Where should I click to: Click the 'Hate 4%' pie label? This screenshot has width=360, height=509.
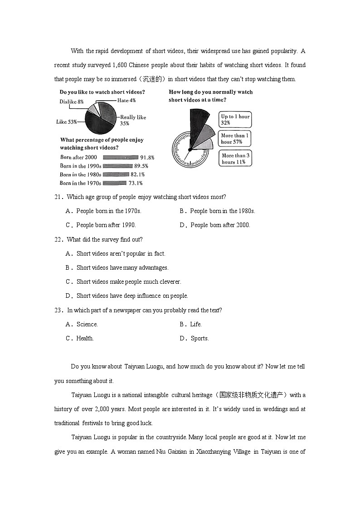click(x=126, y=100)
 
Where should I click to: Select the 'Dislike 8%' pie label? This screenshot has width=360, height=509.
click(x=71, y=102)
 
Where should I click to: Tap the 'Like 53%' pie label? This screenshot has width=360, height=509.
click(x=66, y=121)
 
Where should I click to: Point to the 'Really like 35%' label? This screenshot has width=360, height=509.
click(x=133, y=120)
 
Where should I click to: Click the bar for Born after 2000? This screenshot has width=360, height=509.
click(x=121, y=157)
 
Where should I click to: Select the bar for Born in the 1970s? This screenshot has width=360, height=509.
click(x=115, y=183)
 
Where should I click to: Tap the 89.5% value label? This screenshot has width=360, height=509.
click(x=147, y=166)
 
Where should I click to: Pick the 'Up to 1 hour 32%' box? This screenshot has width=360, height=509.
click(x=235, y=120)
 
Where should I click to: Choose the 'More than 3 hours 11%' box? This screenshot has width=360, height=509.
click(x=235, y=159)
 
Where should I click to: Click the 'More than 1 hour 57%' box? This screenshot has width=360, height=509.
click(x=235, y=139)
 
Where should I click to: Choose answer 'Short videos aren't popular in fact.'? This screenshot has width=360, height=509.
click(x=121, y=253)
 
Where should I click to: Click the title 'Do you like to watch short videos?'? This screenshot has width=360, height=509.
click(x=102, y=92)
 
